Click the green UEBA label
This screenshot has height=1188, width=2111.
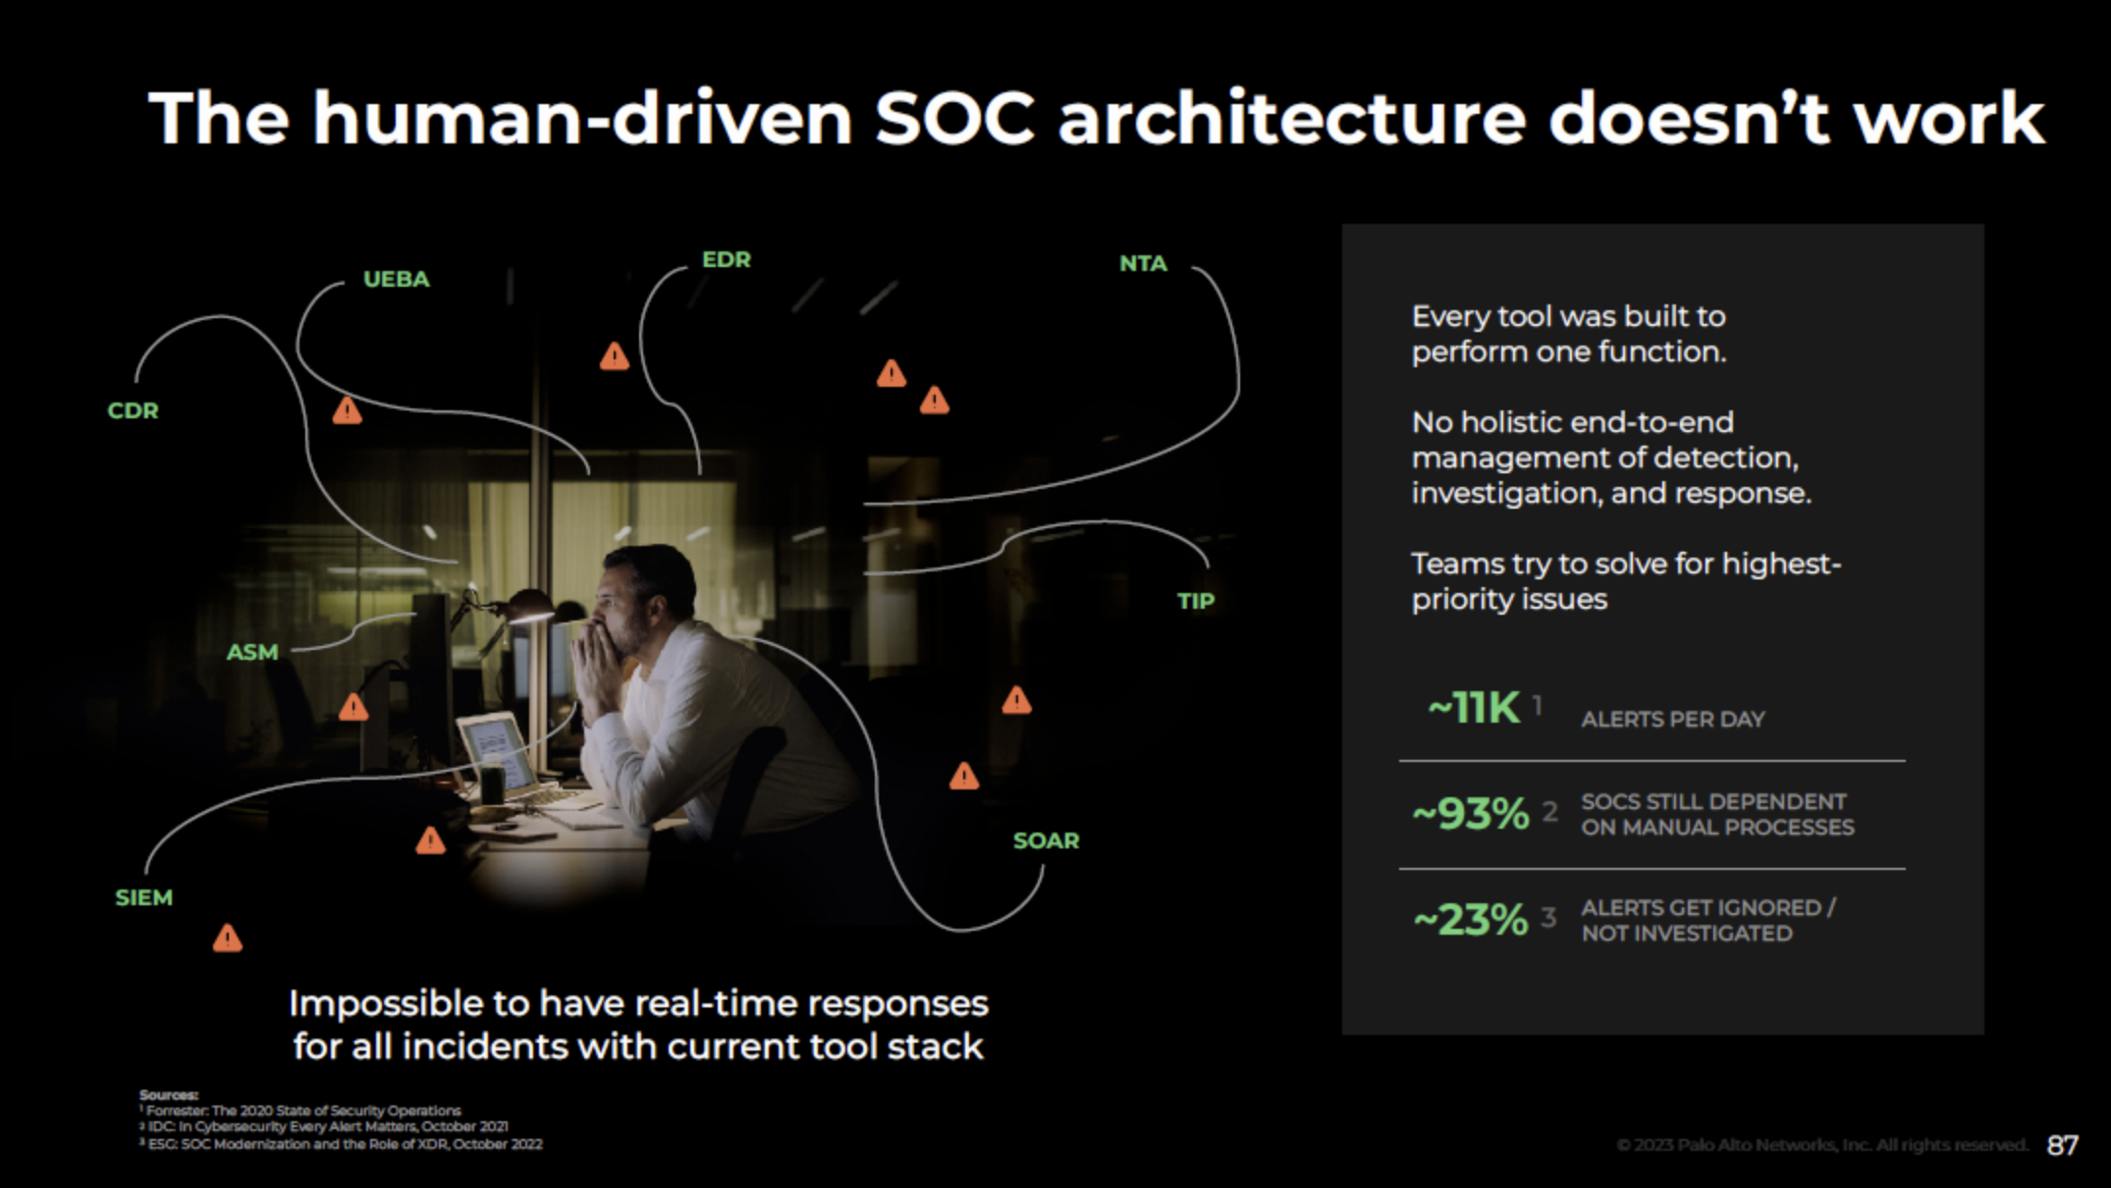tap(397, 279)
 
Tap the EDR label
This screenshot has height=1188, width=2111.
tap(727, 259)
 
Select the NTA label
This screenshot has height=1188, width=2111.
tap(1143, 263)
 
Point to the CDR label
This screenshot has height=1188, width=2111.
tap(133, 410)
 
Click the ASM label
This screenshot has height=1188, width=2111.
tap(252, 652)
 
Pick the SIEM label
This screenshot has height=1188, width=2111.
tap(143, 897)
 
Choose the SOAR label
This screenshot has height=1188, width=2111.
tap(1046, 840)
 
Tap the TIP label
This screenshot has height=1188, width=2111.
tap(1196, 601)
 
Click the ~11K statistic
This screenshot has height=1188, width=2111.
tap(1473, 708)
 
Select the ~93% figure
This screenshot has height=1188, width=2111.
tap(1470, 814)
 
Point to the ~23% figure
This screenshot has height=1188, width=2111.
tap(1470, 920)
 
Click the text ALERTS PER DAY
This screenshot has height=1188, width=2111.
tap(1672, 720)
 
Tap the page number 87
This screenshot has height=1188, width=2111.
tap(2062, 1145)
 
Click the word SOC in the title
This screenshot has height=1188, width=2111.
tap(953, 119)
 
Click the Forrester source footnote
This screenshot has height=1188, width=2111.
tap(303, 1110)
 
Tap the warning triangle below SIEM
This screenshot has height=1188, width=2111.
tap(228, 939)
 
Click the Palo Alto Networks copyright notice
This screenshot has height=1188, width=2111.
tap(1821, 1145)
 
